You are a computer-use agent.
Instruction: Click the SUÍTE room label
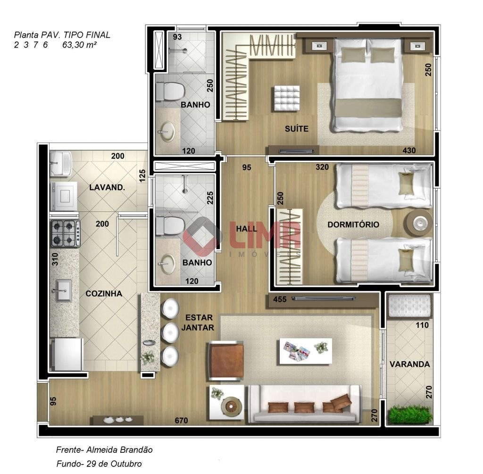[296, 129]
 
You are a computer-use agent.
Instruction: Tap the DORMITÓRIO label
[353, 225]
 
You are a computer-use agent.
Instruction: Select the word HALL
[246, 229]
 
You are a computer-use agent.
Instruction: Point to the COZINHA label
[104, 293]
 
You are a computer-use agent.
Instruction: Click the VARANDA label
[409, 365]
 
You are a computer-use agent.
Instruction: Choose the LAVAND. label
[107, 187]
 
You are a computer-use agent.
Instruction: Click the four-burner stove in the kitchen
[66, 233]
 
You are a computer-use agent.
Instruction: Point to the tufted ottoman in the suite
[286, 99]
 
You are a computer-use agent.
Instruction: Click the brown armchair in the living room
[226, 361]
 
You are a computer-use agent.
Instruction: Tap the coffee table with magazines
[306, 352]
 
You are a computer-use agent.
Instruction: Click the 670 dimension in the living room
[181, 420]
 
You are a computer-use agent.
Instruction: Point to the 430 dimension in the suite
[409, 150]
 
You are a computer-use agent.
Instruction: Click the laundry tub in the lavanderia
[60, 163]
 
